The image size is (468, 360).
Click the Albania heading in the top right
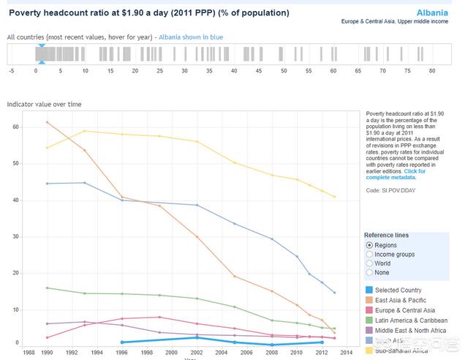pyautogui.click(x=432, y=12)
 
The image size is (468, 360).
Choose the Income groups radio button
pyautogui.click(x=369, y=254)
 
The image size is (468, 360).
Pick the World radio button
pyautogui.click(x=369, y=263)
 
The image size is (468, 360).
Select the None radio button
pyautogui.click(x=369, y=273)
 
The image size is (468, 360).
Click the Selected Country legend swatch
pyautogui.click(x=369, y=290)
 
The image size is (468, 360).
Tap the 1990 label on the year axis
pyautogui.click(x=47, y=352)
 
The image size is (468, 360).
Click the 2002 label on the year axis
pyautogui.click(x=197, y=352)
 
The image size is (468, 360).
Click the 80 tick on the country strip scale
pyautogui.click(x=432, y=71)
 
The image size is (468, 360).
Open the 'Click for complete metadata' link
pyautogui.click(x=395, y=175)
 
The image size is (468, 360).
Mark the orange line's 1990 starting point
pyautogui.click(x=47, y=122)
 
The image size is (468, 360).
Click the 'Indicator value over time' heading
pyautogui.click(x=44, y=105)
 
